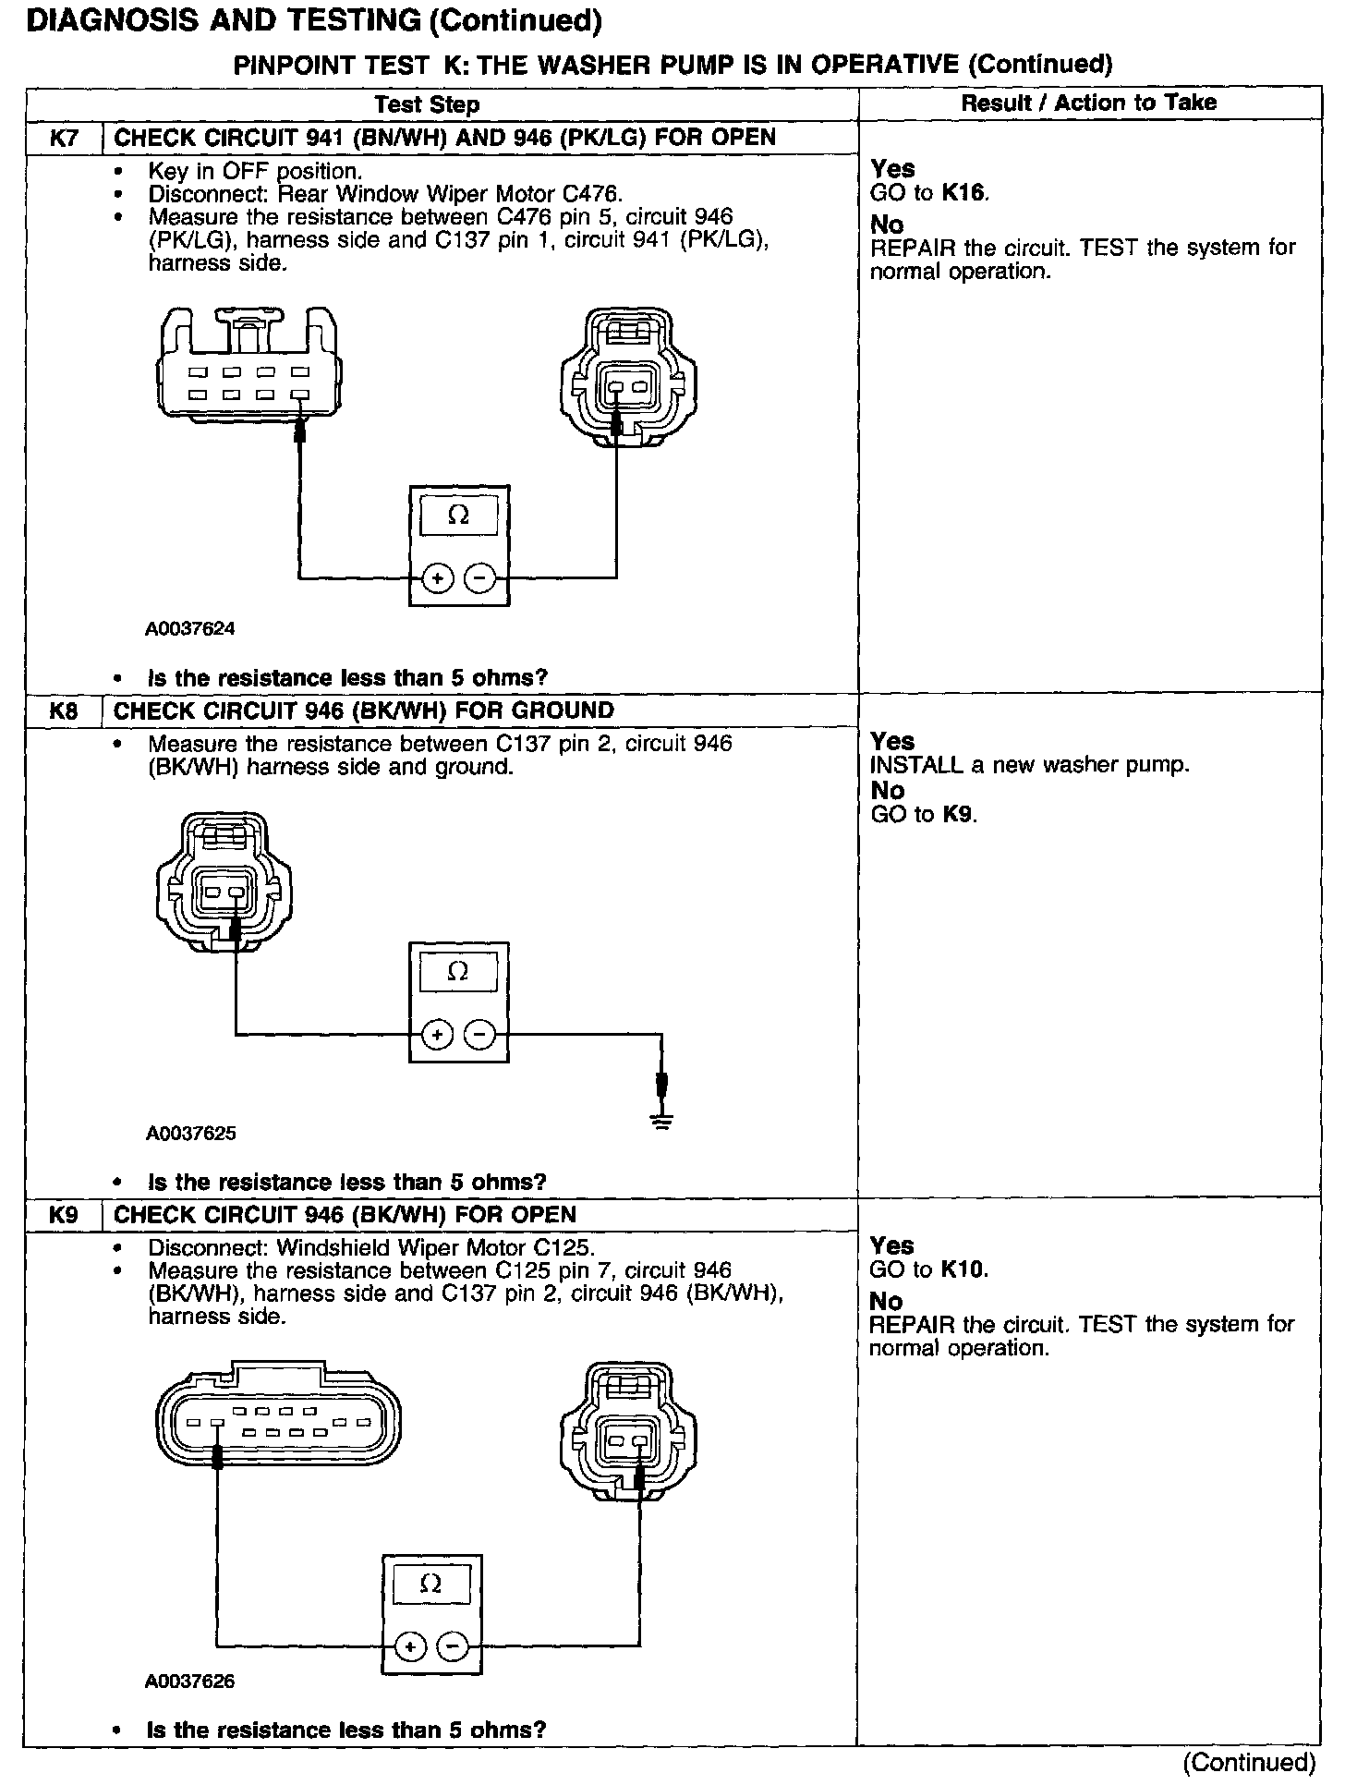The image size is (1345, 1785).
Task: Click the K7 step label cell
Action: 63,139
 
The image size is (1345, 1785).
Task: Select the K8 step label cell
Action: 63,711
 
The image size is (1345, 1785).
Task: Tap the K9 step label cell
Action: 63,1215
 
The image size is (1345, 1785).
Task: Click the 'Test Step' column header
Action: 427,104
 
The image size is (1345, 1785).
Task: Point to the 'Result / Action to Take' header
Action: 1088,103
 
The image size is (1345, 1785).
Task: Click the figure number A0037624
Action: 190,629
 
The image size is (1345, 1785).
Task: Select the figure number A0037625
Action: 190,1134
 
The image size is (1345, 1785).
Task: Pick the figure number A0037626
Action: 190,1682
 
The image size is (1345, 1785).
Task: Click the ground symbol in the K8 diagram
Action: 661,1121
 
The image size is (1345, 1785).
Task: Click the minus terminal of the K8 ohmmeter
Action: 479,1034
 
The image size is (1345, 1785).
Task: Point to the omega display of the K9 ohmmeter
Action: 430,1585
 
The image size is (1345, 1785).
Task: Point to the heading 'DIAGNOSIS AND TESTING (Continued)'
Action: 314,20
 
